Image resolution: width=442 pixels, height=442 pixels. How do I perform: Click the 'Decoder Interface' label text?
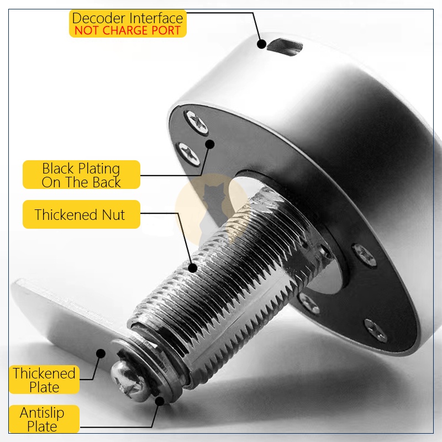[128, 18]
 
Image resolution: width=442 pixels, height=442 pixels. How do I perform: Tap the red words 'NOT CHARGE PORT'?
[128, 30]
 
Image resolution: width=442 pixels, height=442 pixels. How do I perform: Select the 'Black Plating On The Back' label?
[81, 175]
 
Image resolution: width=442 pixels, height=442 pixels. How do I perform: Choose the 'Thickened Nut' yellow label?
[81, 214]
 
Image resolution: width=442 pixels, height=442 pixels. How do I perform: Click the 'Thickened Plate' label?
[44, 380]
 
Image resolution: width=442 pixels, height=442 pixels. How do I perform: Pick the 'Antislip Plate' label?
[44, 419]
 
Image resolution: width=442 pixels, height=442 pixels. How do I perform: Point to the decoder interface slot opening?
[285, 47]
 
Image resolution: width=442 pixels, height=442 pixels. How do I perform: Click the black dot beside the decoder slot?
[262, 44]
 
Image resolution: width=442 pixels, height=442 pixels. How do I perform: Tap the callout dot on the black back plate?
[210, 144]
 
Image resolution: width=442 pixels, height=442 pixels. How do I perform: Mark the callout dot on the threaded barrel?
[193, 268]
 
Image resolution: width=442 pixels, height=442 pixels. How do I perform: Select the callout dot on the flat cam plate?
[101, 354]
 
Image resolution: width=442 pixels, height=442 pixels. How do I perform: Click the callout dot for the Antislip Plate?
[160, 401]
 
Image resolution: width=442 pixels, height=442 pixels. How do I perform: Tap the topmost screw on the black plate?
[196, 122]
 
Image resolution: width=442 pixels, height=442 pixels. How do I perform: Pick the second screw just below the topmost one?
[188, 154]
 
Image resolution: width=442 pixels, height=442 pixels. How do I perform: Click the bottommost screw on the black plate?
[376, 330]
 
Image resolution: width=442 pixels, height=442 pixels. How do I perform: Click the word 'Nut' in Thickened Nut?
[113, 215]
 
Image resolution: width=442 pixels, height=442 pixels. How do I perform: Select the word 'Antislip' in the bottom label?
[42, 413]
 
